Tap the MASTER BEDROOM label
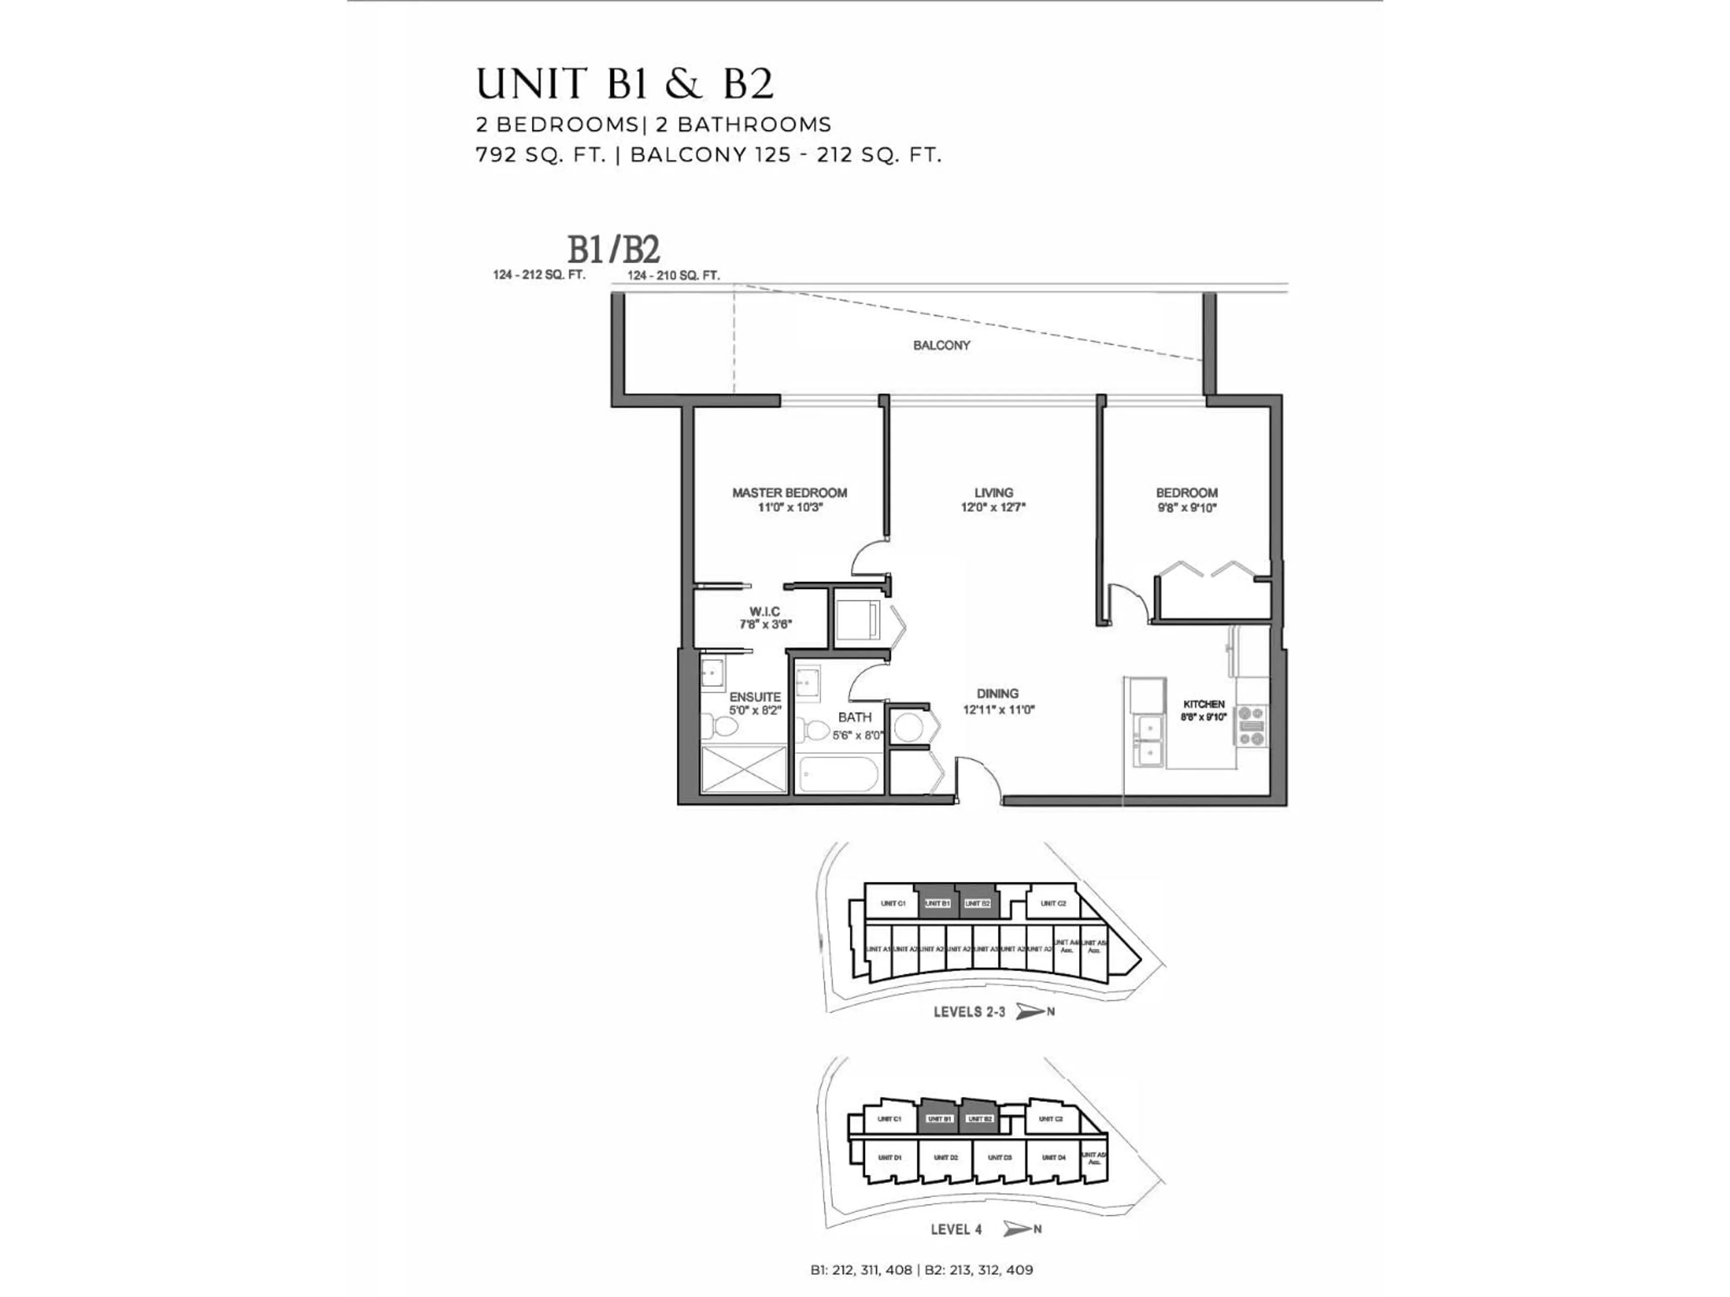[789, 493]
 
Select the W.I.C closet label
[764, 612]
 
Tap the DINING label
[997, 694]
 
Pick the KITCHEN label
[1204, 703]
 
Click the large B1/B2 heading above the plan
[613, 250]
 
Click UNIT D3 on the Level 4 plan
[1000, 1157]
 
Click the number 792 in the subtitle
[496, 155]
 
